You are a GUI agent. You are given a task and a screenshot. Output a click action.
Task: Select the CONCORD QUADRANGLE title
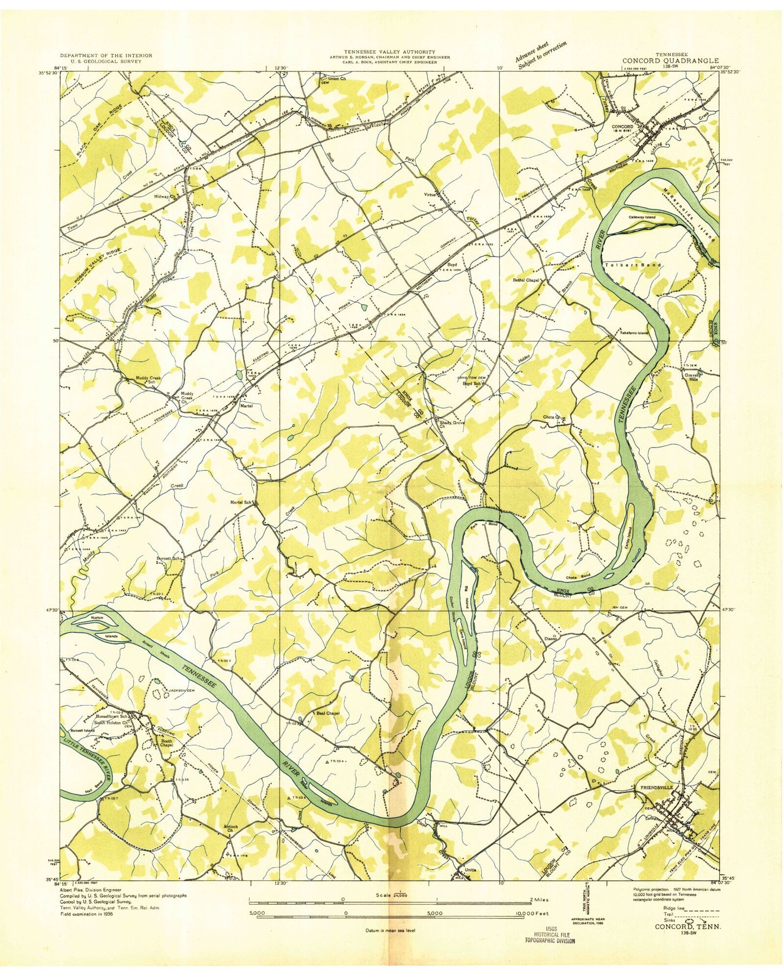680,61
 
